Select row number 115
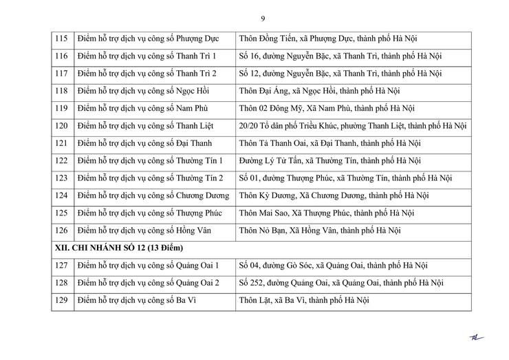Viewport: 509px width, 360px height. click(61, 39)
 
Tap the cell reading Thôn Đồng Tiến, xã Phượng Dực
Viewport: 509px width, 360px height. click(327, 39)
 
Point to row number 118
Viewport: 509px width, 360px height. click(61, 91)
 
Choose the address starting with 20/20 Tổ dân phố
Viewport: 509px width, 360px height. click(352, 126)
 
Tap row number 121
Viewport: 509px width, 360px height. click(61, 143)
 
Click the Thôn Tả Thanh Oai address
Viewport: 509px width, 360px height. click(329, 143)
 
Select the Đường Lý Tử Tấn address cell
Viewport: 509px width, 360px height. click(329, 161)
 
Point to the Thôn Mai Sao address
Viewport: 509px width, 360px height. click(326, 213)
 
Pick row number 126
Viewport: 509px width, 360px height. click(61, 231)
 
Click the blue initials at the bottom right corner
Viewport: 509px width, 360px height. click(476, 338)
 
